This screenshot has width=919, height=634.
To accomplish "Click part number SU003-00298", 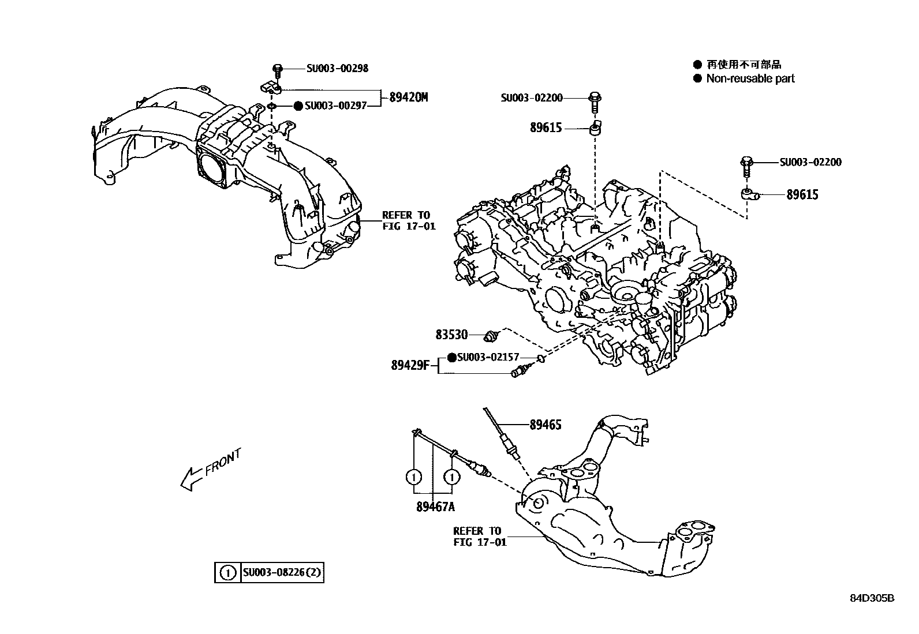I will pos(337,68).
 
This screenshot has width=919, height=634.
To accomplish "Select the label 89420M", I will pos(408,97).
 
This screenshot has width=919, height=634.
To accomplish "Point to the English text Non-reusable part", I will pos(750,78).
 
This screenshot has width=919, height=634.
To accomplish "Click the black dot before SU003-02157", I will pos(452,358).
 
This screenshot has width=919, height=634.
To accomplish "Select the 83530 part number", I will pos(451,334).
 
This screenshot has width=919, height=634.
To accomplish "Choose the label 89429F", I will pos(410,365).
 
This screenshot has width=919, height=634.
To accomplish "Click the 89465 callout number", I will pos(546,425).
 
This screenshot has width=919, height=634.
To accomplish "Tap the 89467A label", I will pos(435,507).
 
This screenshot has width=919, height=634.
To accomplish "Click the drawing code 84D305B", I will pos(872,598).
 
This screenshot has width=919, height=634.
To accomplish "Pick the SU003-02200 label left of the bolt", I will pos(532,98).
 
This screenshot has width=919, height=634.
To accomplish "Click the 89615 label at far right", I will pos(802,195).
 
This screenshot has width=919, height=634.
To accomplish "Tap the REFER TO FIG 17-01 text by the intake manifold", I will pos(409,220).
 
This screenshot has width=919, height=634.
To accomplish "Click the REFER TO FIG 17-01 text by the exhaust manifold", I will pos(479,536).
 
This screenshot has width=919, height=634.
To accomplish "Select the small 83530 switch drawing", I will pos(492,335).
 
